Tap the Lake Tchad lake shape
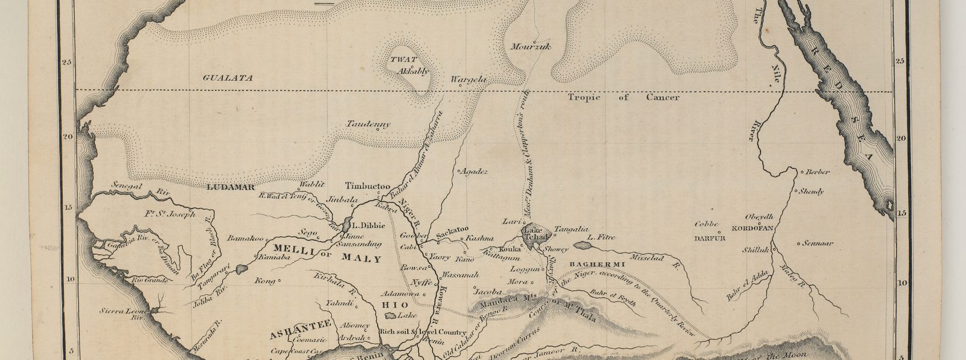pos(535,232)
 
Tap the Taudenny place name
pos(368,124)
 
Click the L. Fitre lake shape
pos(583,245)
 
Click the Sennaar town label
pos(817,244)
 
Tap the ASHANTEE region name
pos(290,331)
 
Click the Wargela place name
pos(469,79)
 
